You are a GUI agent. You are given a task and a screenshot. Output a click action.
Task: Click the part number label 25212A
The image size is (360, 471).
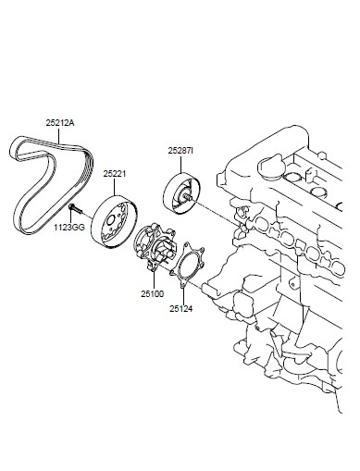pos(60,123)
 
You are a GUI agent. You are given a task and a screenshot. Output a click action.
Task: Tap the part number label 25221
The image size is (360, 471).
pos(115,174)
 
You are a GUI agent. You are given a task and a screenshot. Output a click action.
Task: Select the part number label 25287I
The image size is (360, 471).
pos(180,151)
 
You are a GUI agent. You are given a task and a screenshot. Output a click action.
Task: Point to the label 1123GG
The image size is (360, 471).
pos(69,228)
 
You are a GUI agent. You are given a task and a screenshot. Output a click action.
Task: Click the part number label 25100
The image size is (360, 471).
pos(153,294)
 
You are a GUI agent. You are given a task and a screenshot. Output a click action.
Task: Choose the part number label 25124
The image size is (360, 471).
pos(180,308)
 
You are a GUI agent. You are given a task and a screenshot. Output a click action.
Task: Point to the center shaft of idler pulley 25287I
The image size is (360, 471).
pos(186,196)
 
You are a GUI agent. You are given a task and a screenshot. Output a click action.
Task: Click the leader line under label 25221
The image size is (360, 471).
pos(115,187)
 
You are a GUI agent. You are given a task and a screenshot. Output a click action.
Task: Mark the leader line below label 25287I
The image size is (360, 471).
pos(181,164)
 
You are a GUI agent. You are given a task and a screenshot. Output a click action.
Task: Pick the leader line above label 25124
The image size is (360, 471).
pos(183,296)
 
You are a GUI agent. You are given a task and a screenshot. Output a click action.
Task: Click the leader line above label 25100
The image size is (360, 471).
pos(154,281)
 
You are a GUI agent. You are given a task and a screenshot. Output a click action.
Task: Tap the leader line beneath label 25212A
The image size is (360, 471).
pos(59,135)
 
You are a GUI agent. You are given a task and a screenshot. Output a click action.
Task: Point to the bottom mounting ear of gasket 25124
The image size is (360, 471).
pos(182,285)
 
